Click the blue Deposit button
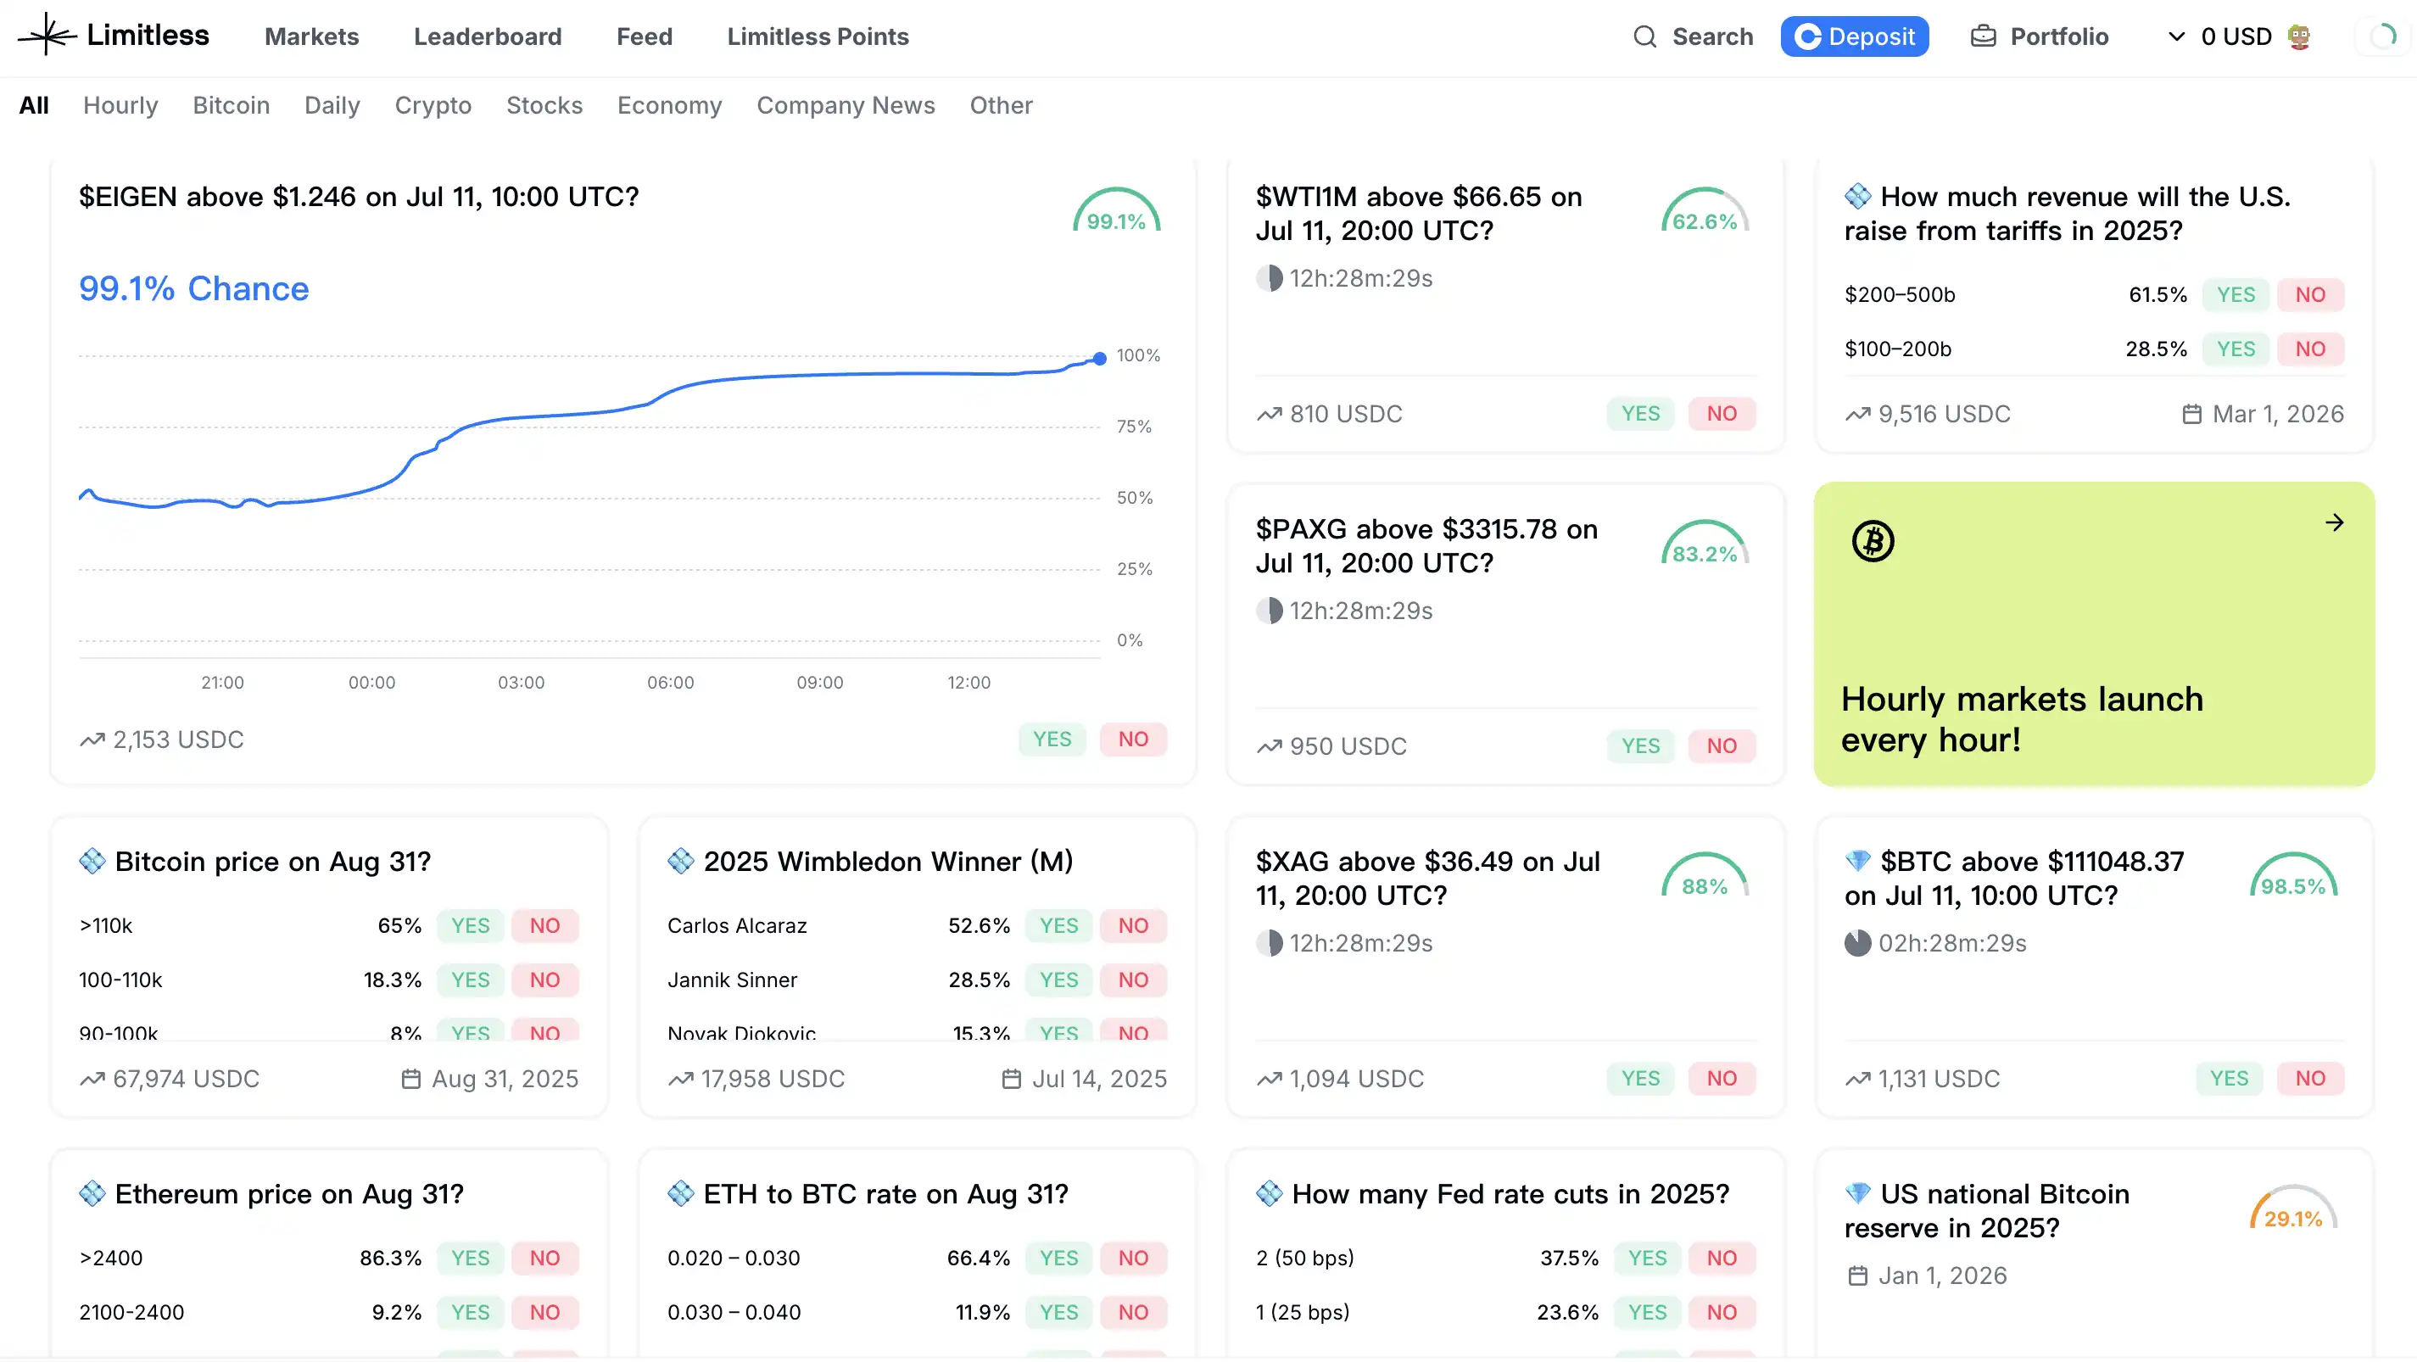[1854, 36]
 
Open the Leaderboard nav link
[487, 36]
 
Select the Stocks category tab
[544, 105]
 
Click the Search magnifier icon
[1644, 36]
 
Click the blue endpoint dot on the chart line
[1100, 359]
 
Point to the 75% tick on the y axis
[1133, 427]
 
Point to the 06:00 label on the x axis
[670, 683]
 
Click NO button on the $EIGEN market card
[1132, 740]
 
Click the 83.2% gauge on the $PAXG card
[1704, 545]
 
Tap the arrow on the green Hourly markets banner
[2335, 522]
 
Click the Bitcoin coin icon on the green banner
[1873, 541]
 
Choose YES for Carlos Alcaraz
[1058, 926]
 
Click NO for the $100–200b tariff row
[2309, 349]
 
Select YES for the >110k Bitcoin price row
[470, 926]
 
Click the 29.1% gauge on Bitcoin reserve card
[2292, 1210]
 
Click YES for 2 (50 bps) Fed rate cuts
[1647, 1258]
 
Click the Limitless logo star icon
[47, 36]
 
